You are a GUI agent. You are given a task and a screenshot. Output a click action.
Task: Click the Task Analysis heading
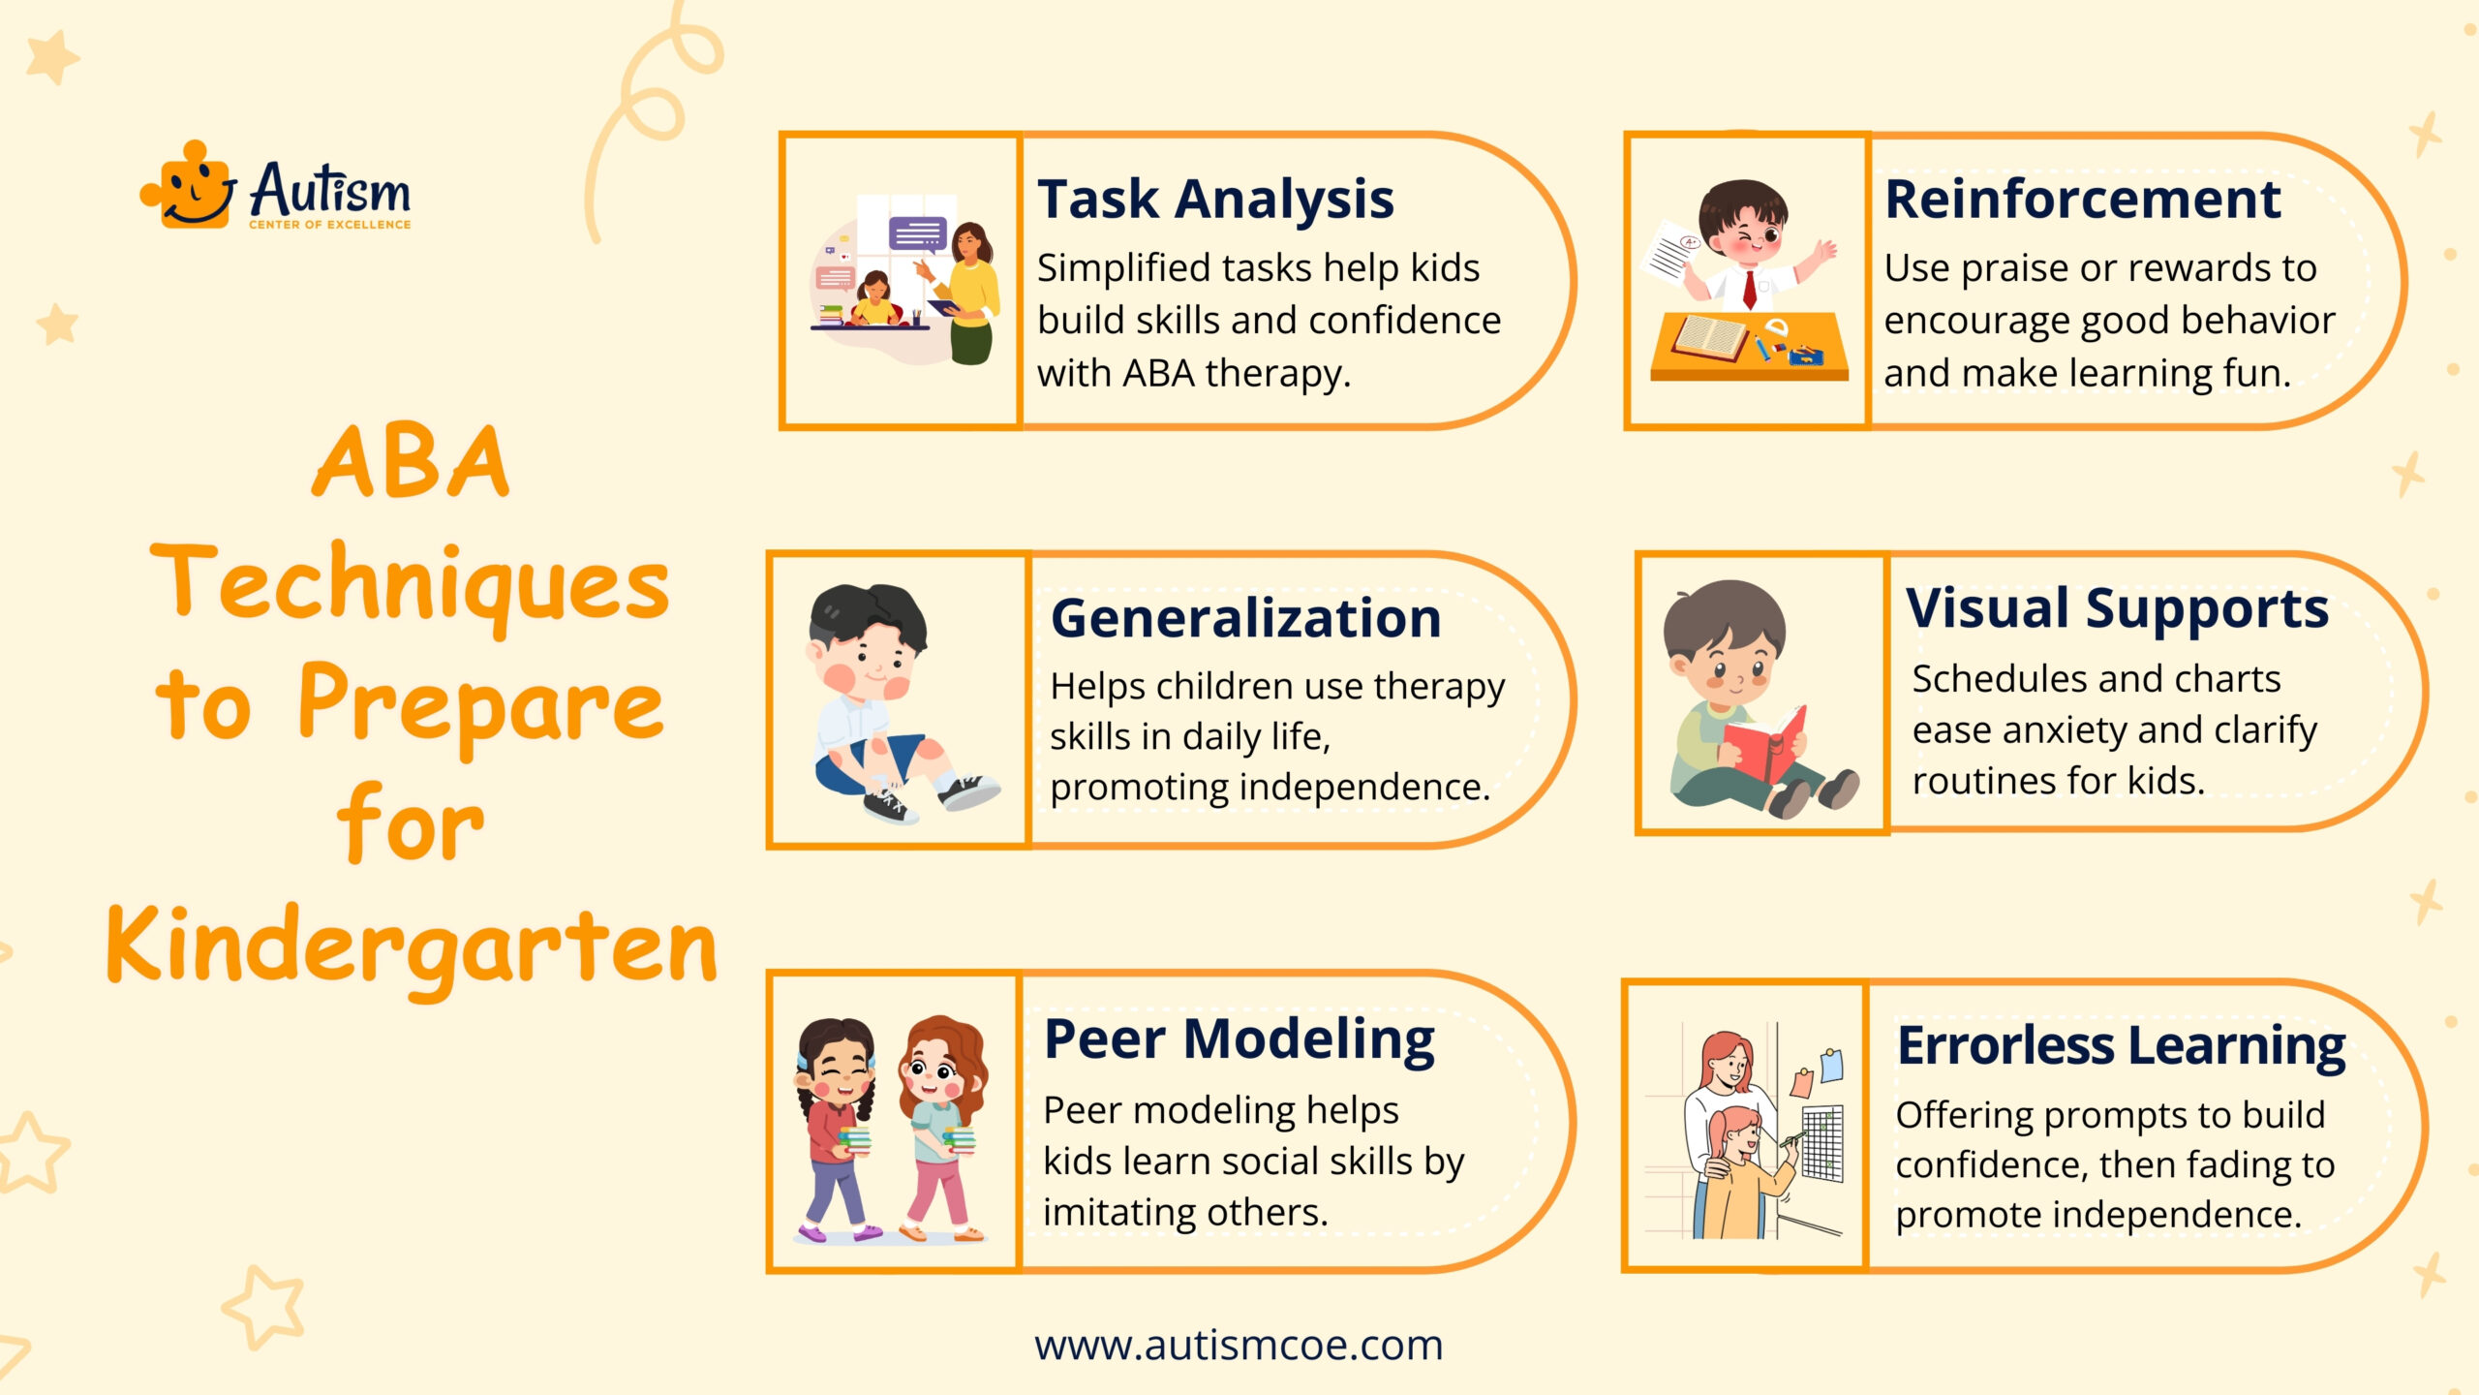click(x=1215, y=201)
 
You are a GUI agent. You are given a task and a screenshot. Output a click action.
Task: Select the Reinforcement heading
click(x=2082, y=200)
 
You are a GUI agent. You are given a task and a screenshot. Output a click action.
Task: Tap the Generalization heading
click(x=1246, y=618)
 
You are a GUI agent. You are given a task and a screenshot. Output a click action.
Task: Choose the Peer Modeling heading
click(x=1239, y=1040)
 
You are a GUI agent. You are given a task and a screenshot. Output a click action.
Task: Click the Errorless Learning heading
click(x=2121, y=1046)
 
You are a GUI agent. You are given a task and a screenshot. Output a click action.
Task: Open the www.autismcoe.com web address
click(x=1239, y=1346)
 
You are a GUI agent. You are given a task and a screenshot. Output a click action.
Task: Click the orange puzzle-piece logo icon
click(x=188, y=185)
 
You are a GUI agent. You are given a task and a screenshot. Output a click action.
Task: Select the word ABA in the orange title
click(x=411, y=462)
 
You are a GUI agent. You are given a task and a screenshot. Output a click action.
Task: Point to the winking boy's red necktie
click(x=1749, y=289)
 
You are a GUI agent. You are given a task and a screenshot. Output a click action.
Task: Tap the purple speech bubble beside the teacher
click(x=918, y=234)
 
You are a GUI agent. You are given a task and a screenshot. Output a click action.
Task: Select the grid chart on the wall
click(x=1821, y=1143)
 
